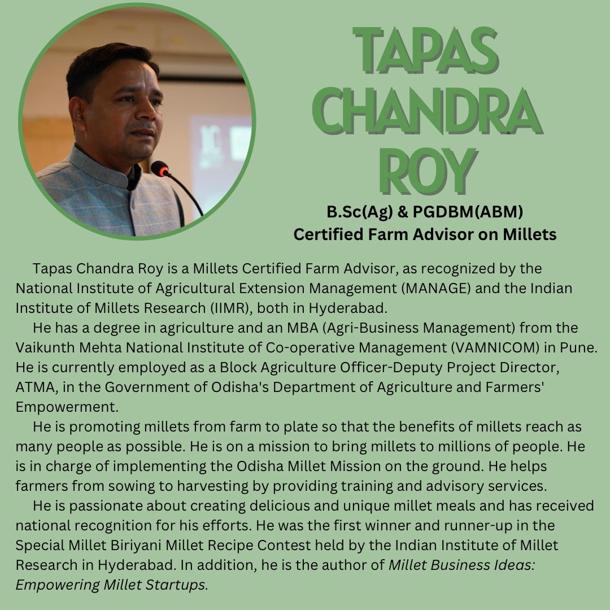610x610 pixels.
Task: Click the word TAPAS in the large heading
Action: point(426,51)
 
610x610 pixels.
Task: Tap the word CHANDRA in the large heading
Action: point(428,111)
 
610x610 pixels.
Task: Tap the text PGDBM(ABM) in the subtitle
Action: point(468,212)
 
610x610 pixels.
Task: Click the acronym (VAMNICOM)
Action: point(495,348)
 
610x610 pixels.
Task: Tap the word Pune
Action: point(578,348)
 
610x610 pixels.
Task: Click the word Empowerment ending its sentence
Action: point(67,407)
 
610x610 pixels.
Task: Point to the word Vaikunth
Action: point(45,348)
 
